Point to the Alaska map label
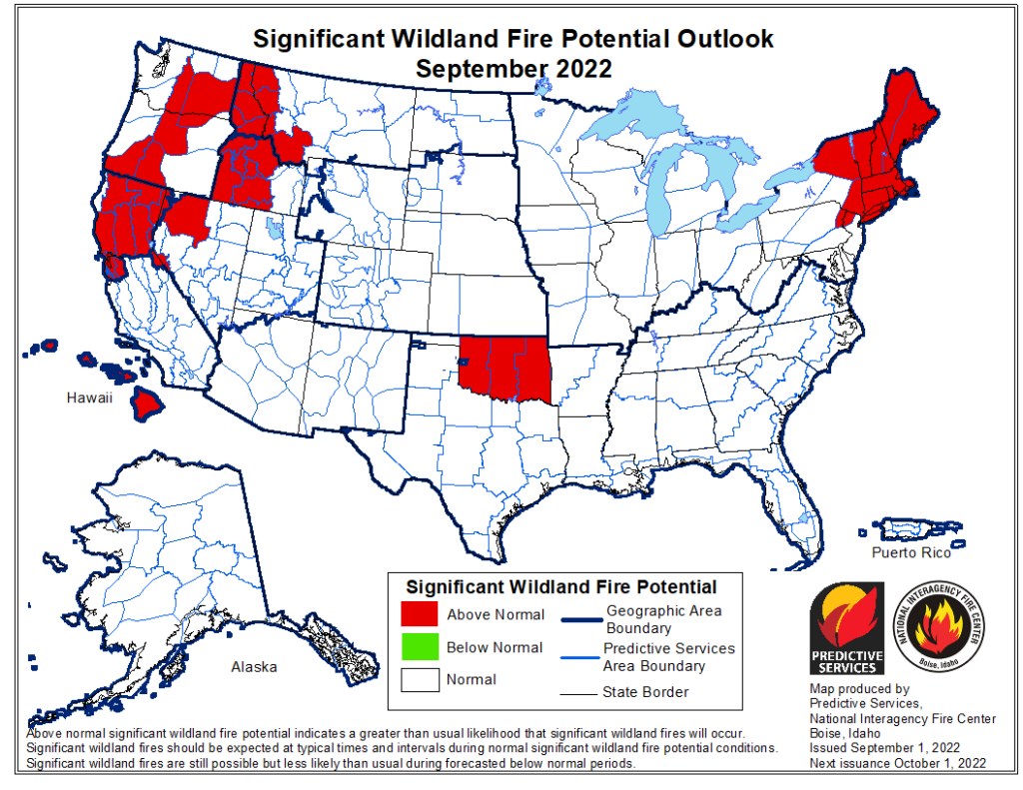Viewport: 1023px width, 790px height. point(254,666)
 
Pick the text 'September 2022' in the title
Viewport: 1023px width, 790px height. point(512,69)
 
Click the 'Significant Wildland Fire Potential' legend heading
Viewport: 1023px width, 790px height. point(560,586)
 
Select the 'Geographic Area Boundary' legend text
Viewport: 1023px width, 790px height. point(662,619)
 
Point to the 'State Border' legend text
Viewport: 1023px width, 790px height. point(644,691)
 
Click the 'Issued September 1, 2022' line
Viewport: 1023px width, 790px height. point(885,747)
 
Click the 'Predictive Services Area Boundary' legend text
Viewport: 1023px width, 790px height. point(668,656)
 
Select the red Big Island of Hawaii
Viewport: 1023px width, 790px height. point(151,403)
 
